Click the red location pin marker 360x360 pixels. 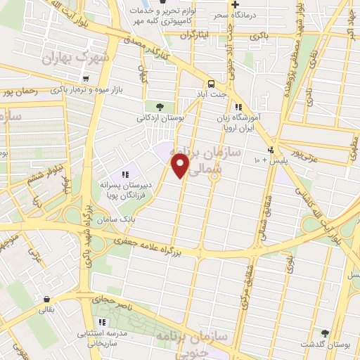(181, 165)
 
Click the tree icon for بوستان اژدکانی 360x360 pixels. (160, 107)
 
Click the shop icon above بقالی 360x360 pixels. (46, 298)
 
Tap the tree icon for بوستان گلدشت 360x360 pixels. (325, 333)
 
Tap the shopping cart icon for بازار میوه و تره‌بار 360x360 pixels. (85, 79)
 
